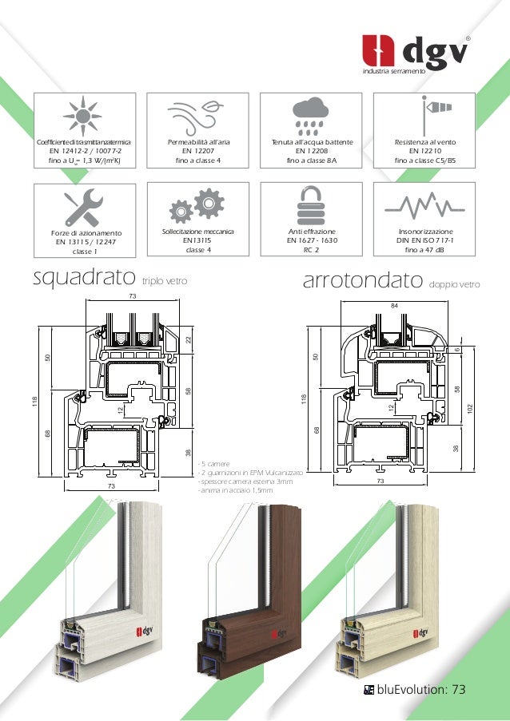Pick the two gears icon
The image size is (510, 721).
[x=197, y=205]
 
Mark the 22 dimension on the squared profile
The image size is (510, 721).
[x=189, y=341]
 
